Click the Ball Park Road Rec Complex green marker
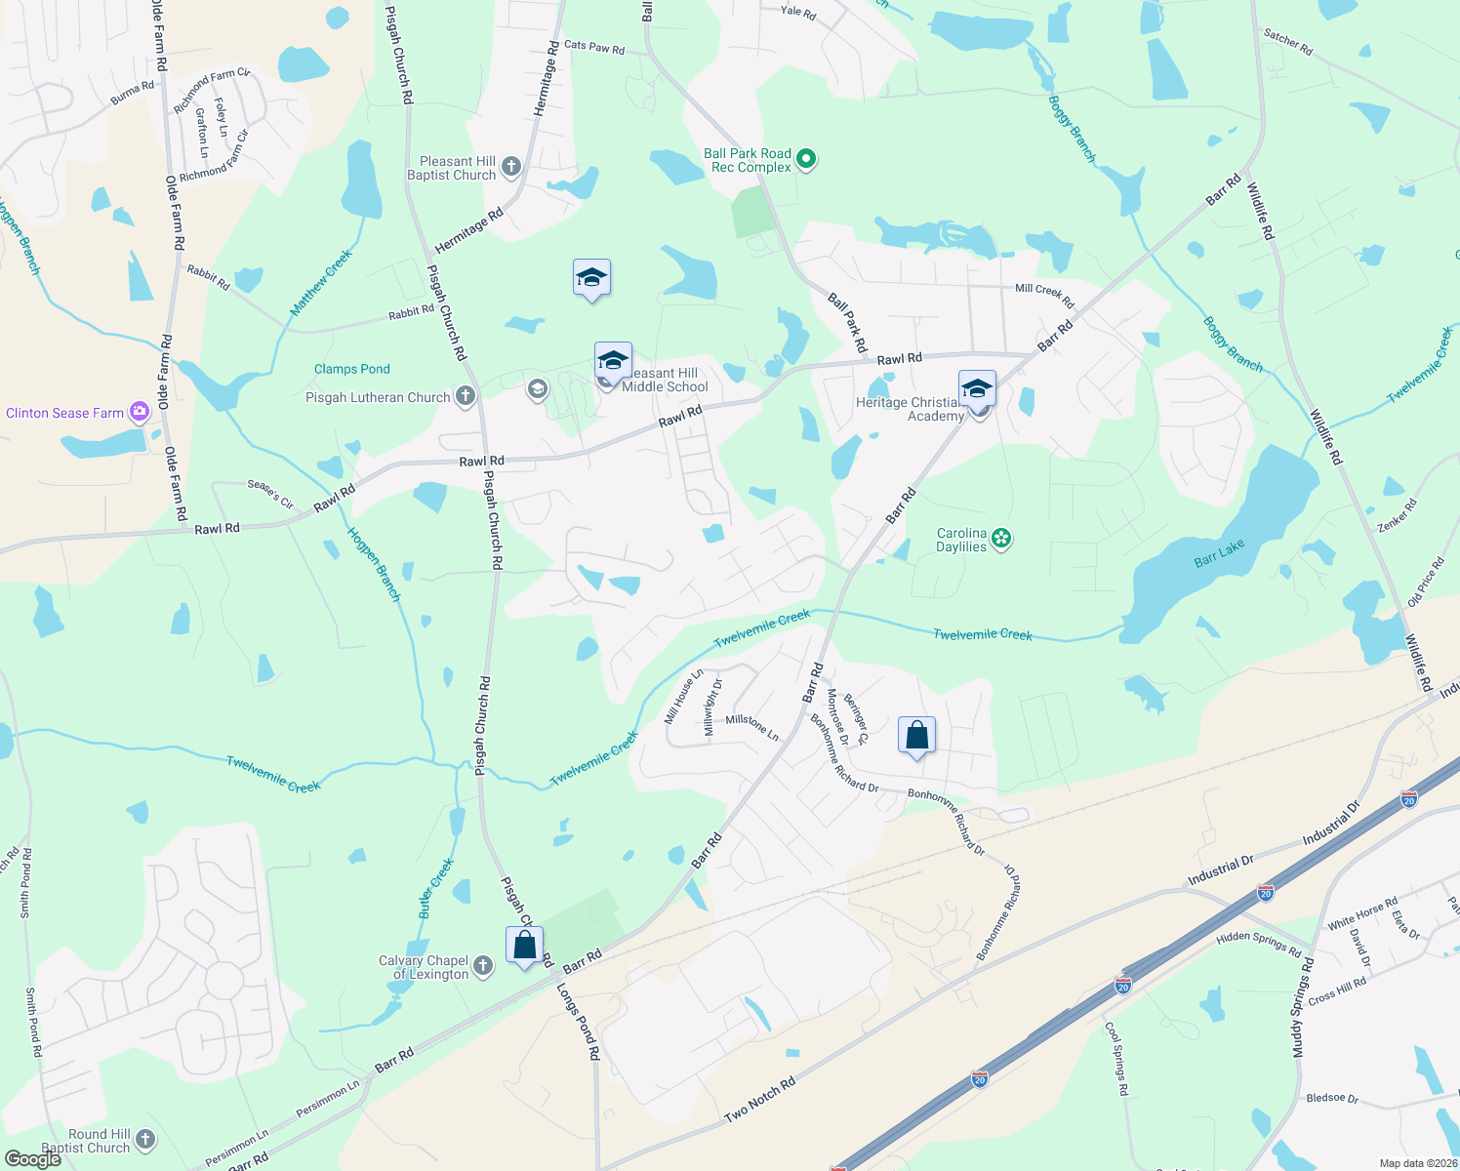click(806, 158)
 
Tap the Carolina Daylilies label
click(962, 541)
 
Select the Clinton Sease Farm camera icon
click(140, 412)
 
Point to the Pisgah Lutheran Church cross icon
click(466, 396)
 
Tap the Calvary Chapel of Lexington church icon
click(483, 967)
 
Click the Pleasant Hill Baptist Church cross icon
click(511, 168)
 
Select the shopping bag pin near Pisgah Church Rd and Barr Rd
click(525, 946)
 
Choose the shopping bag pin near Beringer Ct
click(916, 736)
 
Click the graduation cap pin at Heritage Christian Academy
click(977, 389)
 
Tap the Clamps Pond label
click(352, 369)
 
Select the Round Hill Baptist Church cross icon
click(145, 1140)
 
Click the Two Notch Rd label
click(760, 1100)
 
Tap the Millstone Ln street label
click(752, 727)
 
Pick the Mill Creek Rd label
click(1044, 295)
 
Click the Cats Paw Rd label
click(594, 47)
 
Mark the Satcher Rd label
click(1288, 42)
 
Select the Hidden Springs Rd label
click(1259, 945)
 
